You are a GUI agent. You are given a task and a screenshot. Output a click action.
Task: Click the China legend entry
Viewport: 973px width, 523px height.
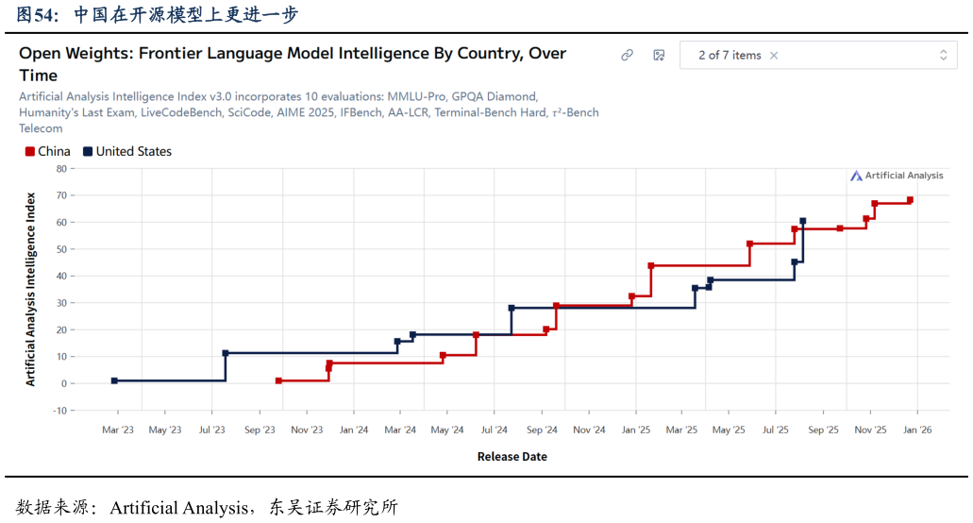48,151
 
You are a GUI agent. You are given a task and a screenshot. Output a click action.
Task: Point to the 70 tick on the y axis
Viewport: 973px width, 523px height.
60,195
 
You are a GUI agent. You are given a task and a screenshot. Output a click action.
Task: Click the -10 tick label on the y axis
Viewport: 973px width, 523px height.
59,411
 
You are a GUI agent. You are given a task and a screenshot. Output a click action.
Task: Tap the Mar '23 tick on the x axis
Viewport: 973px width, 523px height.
118,430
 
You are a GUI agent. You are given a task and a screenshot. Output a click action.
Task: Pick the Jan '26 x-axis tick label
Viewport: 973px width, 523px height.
917,430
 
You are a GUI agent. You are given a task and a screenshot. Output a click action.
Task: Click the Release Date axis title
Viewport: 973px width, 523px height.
512,457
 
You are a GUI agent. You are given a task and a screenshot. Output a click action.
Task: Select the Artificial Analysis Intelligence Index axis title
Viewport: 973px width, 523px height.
30,289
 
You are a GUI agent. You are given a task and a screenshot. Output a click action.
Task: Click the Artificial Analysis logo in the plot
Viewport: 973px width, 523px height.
897,176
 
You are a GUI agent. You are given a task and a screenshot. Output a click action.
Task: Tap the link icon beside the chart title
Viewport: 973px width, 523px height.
627,56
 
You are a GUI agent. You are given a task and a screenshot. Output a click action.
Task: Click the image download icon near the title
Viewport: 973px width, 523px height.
659,56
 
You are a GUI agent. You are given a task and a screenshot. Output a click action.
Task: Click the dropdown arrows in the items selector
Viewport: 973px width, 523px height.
943,56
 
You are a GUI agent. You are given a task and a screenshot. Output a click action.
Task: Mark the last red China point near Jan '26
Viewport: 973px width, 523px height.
910,200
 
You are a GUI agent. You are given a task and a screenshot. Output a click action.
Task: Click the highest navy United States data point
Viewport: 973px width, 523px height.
802,221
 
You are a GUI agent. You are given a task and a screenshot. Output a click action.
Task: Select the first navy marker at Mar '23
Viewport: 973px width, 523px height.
114,380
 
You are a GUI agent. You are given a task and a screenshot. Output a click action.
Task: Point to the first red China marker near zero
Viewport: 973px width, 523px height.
278,380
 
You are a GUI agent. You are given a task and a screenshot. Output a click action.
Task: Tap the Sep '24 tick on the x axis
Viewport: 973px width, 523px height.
542,430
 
